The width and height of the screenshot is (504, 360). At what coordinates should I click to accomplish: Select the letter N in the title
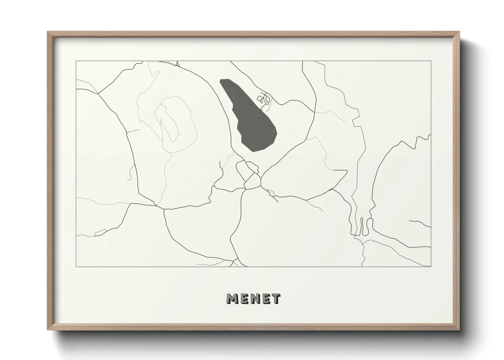254,299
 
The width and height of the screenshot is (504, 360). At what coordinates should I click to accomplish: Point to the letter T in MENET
275,299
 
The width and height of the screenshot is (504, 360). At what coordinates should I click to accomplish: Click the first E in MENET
243,299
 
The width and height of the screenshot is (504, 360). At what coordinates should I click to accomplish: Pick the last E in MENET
265,299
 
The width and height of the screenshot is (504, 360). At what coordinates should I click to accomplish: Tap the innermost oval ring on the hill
167,123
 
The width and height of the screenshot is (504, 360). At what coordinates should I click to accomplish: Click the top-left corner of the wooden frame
48,32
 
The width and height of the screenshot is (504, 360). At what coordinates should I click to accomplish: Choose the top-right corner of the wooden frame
459,32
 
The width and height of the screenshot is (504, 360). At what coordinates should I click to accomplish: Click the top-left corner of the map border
76,61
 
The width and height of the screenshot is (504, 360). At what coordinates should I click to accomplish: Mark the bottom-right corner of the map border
431,267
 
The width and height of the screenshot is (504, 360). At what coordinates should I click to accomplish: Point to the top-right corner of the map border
431,61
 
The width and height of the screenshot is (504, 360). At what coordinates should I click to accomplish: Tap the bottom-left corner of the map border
76,267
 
